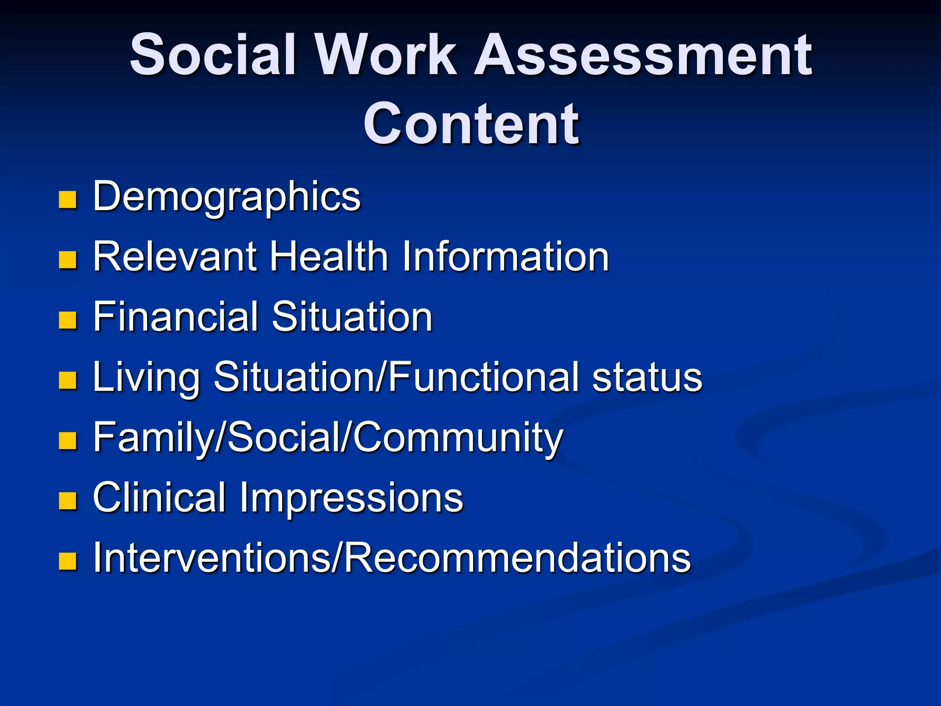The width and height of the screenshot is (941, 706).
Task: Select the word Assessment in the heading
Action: click(643, 55)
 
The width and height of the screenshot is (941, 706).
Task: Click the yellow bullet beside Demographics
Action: click(68, 200)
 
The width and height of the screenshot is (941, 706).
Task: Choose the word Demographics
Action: click(227, 197)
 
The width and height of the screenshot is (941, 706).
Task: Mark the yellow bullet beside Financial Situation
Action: click(68, 320)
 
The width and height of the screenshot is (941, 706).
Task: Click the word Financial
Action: click(175, 317)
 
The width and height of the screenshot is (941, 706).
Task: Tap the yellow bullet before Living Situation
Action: click(68, 381)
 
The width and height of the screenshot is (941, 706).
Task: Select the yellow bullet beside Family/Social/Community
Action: click(68, 441)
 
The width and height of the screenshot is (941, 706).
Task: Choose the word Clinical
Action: click(159, 497)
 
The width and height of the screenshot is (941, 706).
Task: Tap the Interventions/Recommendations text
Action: click(391, 558)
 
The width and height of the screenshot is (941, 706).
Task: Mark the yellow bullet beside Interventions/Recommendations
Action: click(68, 561)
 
